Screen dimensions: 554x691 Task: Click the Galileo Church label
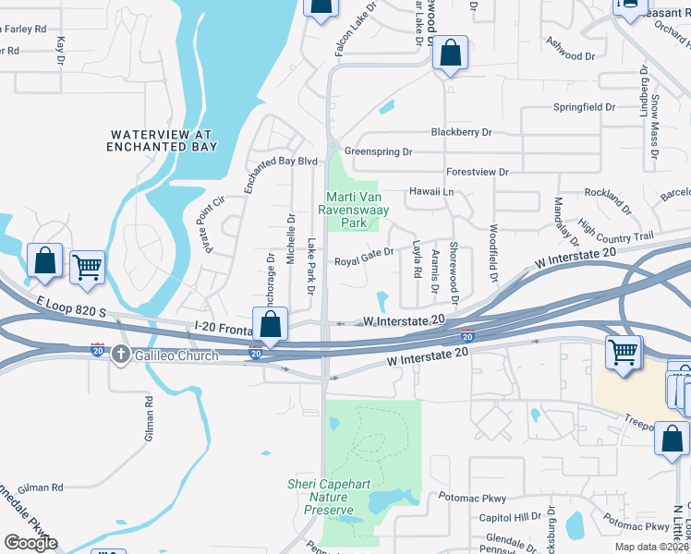[176, 355]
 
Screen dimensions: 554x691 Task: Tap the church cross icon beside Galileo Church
[121, 355]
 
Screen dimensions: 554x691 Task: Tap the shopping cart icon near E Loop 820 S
[87, 268]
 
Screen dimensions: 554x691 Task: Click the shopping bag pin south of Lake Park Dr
[270, 324]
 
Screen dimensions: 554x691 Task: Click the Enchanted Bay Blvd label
[274, 175]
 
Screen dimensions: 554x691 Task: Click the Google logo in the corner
[30, 543]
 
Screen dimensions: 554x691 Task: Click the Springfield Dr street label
[584, 107]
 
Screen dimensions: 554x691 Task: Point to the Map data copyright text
[651, 547]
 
